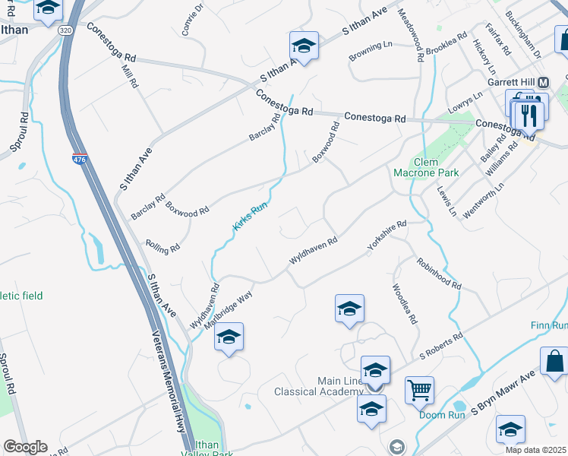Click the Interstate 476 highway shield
pos(80,160)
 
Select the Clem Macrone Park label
pos(436,167)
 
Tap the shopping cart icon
pos(419,390)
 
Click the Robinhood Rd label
pos(438,273)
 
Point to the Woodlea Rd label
pos(404,305)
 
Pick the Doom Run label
pos(437,415)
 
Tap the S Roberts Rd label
pos(441,346)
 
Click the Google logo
pos(25,446)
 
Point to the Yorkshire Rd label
pos(387,236)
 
